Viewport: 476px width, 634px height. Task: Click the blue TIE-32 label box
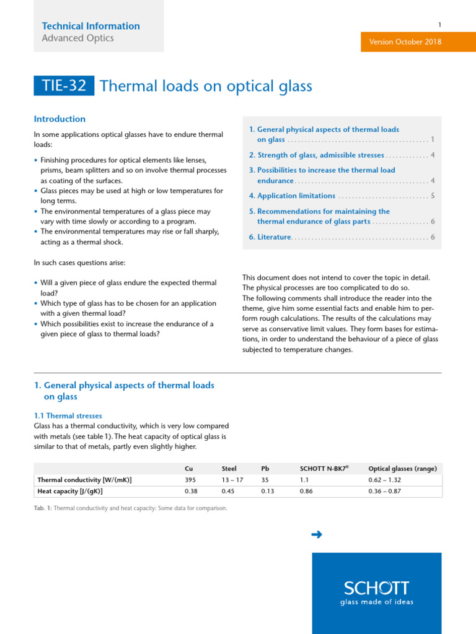(x=64, y=85)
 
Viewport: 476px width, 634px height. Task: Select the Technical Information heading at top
(x=90, y=26)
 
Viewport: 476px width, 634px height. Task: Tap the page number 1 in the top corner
(x=439, y=25)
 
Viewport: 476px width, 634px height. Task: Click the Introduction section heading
(x=59, y=119)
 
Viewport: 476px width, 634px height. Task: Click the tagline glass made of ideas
(x=376, y=602)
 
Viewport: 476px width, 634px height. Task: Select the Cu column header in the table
(x=189, y=469)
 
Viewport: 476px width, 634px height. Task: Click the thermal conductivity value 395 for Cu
(x=190, y=480)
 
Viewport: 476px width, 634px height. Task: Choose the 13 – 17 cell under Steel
(x=233, y=480)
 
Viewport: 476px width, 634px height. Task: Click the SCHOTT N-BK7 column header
(x=324, y=469)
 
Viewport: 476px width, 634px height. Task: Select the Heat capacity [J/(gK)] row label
(x=70, y=492)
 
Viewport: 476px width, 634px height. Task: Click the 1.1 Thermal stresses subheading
(x=68, y=416)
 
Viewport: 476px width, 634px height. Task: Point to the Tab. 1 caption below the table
(x=130, y=508)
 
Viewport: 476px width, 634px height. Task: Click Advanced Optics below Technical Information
(x=77, y=38)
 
